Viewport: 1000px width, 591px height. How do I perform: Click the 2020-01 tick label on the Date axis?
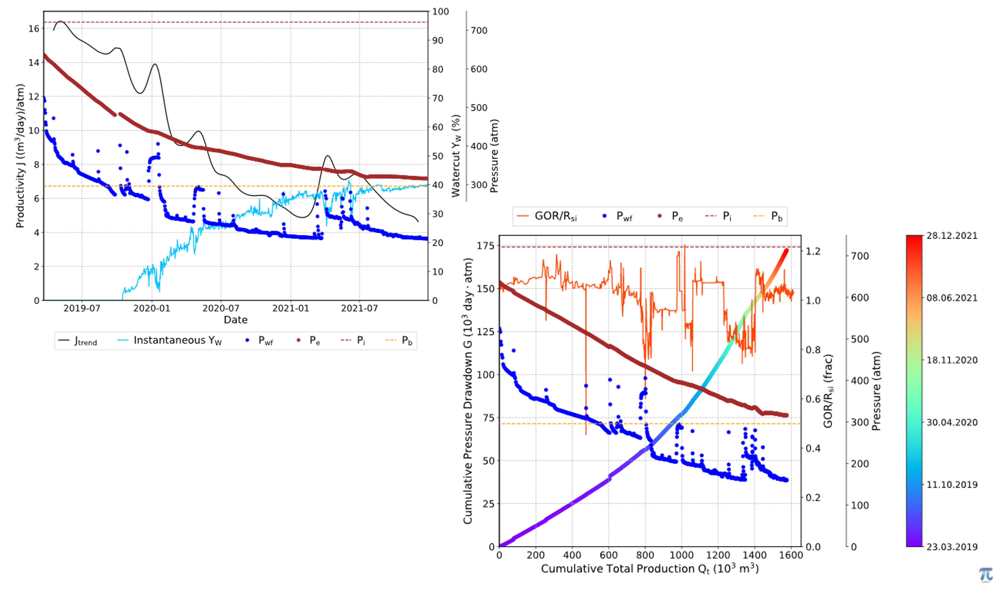(x=151, y=308)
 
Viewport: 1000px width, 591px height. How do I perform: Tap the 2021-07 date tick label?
(x=360, y=308)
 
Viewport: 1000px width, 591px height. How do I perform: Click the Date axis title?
(x=236, y=320)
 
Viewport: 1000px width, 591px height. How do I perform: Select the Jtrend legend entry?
(x=78, y=341)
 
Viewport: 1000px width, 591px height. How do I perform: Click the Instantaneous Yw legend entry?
(x=170, y=341)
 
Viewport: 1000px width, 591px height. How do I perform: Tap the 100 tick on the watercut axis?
(x=440, y=12)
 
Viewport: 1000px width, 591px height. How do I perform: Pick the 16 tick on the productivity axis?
(x=34, y=28)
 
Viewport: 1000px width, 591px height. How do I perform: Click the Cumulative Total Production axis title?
(x=650, y=568)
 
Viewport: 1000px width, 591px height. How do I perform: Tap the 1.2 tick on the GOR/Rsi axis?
(x=813, y=251)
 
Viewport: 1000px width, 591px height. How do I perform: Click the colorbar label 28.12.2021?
(x=952, y=236)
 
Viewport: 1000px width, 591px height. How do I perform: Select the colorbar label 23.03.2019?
(x=952, y=547)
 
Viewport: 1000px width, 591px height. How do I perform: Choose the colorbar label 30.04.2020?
(x=952, y=422)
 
